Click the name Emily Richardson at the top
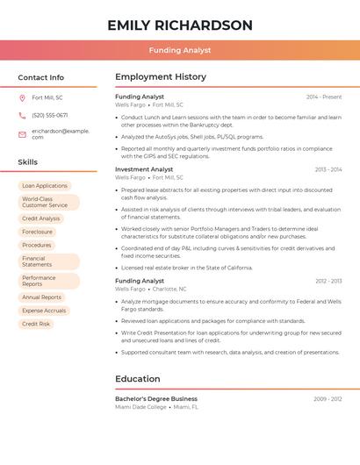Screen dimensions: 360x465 tap(180, 25)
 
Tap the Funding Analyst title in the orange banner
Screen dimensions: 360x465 tap(180, 50)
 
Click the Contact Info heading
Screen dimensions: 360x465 tap(41, 77)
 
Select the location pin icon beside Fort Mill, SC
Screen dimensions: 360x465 tap(23, 98)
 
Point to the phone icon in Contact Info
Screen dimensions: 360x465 tap(23, 115)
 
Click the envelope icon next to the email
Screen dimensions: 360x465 tap(23, 133)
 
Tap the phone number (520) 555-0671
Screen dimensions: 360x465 tap(49, 115)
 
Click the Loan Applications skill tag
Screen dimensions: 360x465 tap(45, 186)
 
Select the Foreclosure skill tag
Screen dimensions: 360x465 tap(38, 232)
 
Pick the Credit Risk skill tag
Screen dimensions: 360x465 tap(36, 324)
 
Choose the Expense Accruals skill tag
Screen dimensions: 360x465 tap(44, 311)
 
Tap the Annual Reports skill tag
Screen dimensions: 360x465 tap(41, 297)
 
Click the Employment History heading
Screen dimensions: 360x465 tap(161, 77)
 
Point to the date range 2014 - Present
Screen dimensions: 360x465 tap(324, 97)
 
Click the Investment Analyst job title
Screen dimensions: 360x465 tap(144, 169)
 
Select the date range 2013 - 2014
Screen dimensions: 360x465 tap(328, 169)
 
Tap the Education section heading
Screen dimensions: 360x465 tap(138, 379)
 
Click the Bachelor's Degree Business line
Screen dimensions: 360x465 tap(156, 398)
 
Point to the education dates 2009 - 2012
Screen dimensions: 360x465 tap(328, 398)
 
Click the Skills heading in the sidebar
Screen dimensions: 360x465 tap(28, 162)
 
